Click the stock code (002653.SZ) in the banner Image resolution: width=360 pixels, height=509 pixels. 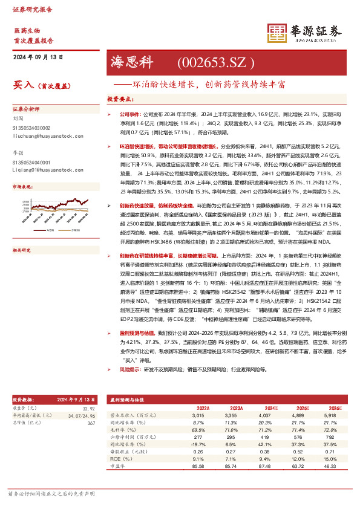tap(213, 62)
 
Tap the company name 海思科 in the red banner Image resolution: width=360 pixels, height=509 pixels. tap(133, 62)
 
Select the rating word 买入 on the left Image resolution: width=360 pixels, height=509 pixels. tap(22, 86)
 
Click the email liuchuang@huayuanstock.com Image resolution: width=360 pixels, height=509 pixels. tap(41, 137)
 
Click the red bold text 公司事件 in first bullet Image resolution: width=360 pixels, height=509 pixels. tap(129, 113)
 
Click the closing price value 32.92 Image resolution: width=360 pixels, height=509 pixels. tap(89, 409)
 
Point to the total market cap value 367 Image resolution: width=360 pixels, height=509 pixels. tap(91, 423)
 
